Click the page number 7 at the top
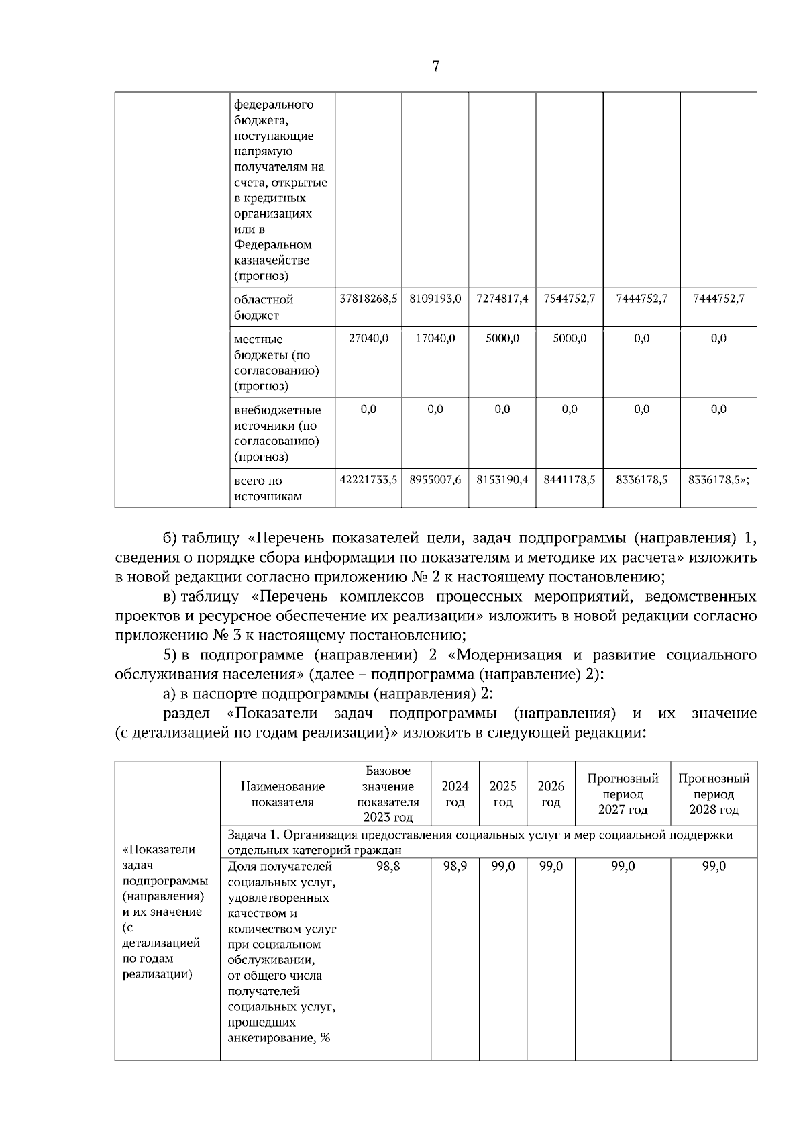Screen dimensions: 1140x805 click(436, 66)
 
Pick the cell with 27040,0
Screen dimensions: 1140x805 click(368, 339)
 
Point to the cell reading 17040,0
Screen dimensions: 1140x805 click(435, 339)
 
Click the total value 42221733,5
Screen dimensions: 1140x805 click(368, 481)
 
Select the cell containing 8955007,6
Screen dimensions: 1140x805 click(435, 481)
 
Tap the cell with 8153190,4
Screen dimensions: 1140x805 click(502, 481)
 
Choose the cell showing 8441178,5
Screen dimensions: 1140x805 click(570, 481)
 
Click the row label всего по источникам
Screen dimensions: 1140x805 click(267, 489)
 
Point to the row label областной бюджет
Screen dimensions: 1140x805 click(264, 307)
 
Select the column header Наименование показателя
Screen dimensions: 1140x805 click(282, 794)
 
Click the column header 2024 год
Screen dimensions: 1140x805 click(455, 794)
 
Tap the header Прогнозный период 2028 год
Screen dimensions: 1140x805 click(714, 794)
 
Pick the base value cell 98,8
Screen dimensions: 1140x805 click(388, 867)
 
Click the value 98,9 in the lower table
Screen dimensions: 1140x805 click(455, 867)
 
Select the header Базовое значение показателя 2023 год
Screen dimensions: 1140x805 click(388, 794)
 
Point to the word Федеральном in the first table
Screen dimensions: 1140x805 click(273, 245)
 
